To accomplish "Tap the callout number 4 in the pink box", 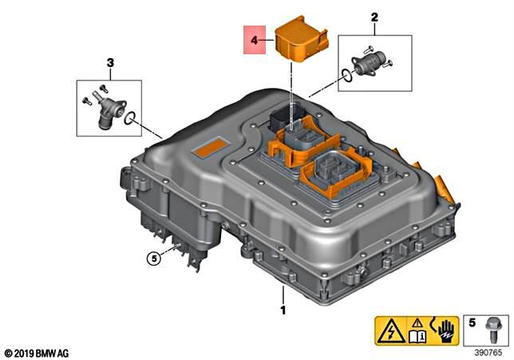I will pos(254,38).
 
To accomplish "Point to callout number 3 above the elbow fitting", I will pos(109,62).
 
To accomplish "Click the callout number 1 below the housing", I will pos(281,307).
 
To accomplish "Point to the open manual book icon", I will pos(417,336).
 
